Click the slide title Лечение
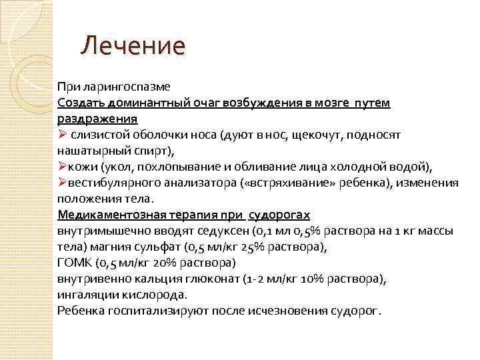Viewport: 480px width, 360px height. coord(133,46)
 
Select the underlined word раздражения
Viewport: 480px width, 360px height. coord(97,119)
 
